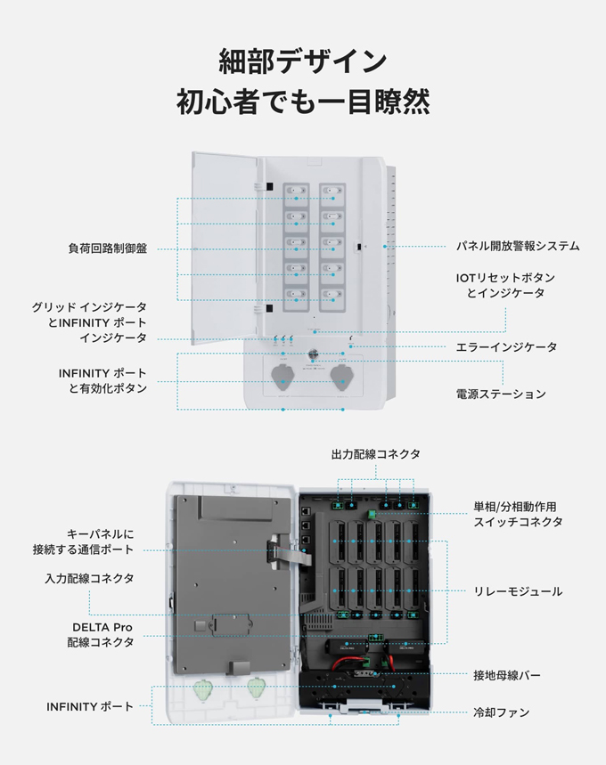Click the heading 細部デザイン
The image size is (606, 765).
click(303, 61)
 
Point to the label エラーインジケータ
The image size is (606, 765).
click(506, 346)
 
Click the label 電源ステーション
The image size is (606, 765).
click(501, 394)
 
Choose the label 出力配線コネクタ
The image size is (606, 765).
click(375, 454)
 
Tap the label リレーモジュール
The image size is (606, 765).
click(517, 591)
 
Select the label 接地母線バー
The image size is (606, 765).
click(506, 676)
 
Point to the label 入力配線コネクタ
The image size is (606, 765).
click(89, 578)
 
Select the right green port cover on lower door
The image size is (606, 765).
click(258, 687)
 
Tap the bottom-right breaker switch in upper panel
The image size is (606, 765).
click(332, 293)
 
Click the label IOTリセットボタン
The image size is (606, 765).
click(508, 277)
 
